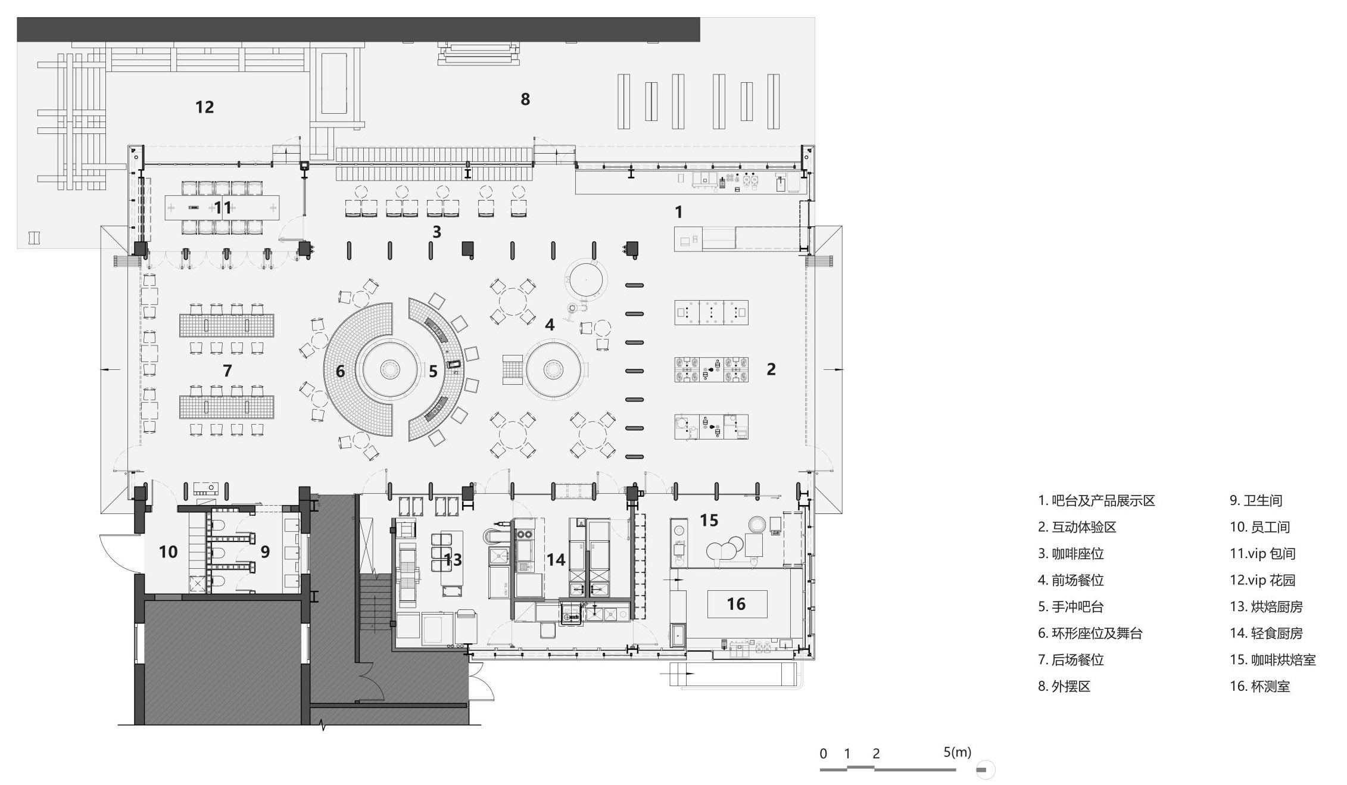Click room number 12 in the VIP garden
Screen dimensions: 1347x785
204,107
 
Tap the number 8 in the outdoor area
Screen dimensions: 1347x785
525,99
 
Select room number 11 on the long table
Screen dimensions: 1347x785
223,208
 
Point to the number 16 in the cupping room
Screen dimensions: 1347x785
736,604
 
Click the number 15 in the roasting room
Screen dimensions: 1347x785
709,521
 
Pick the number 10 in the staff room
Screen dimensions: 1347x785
168,552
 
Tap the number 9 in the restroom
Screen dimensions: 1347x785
265,552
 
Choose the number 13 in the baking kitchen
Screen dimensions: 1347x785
453,560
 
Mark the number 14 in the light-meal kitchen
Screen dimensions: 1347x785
556,560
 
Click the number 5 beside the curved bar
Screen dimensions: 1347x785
433,372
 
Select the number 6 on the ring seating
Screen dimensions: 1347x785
340,372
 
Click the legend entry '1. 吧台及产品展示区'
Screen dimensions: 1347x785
1096,501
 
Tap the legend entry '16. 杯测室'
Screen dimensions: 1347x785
1260,686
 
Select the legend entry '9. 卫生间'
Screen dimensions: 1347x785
1256,501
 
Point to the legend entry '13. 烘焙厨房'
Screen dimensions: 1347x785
1267,607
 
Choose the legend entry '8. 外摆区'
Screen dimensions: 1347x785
1064,686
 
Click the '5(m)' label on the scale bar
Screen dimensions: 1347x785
958,752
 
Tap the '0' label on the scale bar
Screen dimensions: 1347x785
823,754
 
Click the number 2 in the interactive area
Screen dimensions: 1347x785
771,369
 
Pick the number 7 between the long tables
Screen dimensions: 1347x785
227,371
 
